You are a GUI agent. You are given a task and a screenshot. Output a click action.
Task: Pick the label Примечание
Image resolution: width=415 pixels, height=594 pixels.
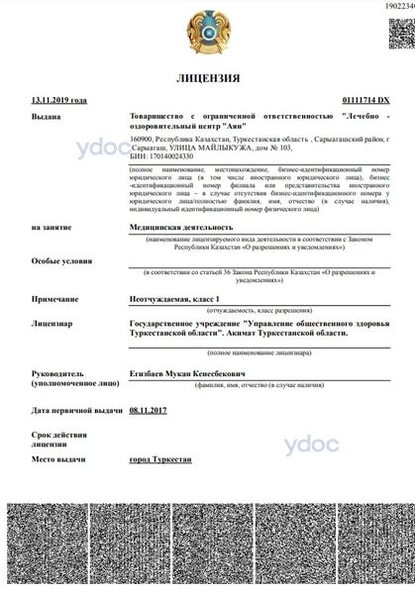click(54, 298)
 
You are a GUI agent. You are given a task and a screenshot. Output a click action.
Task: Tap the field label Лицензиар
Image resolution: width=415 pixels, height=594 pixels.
click(52, 324)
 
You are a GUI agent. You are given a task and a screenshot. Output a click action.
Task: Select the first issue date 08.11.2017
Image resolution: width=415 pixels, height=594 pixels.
click(150, 409)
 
